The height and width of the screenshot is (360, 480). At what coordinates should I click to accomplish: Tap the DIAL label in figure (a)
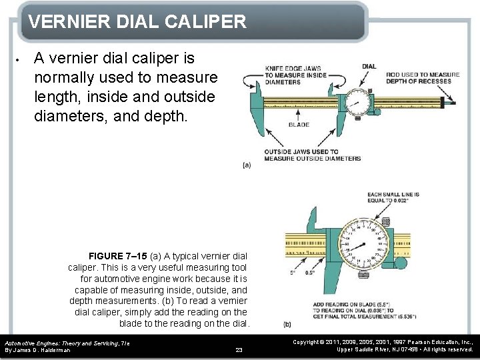(369, 66)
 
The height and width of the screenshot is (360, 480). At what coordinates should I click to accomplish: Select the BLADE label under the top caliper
(299, 125)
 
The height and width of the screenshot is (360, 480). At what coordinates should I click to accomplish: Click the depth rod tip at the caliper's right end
(451, 102)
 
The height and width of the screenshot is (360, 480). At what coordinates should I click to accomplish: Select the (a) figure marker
(247, 165)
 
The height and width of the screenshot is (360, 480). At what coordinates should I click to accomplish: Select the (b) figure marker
(287, 325)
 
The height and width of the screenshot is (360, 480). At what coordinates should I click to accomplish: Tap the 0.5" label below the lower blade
(310, 273)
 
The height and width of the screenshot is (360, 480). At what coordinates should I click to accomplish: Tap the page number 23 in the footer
(239, 349)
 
